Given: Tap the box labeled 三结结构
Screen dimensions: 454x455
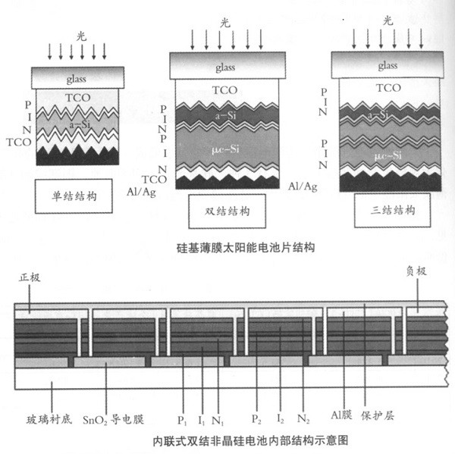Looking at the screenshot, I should [x=393, y=210].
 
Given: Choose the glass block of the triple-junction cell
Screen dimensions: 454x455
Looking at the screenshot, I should [x=388, y=66].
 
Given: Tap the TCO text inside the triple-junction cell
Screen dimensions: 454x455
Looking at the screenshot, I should [x=388, y=88].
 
